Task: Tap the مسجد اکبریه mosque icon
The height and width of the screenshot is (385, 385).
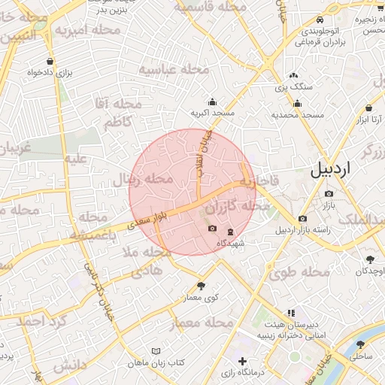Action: [212, 102]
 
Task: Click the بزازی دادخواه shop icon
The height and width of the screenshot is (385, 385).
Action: [50, 62]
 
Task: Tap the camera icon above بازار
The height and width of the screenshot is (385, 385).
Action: [329, 194]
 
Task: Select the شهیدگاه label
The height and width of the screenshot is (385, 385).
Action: [230, 244]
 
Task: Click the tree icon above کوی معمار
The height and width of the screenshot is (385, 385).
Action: [201, 286]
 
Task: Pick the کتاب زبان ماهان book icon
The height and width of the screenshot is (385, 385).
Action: [156, 352]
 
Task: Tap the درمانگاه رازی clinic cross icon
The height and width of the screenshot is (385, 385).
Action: [242, 362]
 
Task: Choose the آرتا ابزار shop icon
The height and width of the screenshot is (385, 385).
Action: [368, 108]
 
